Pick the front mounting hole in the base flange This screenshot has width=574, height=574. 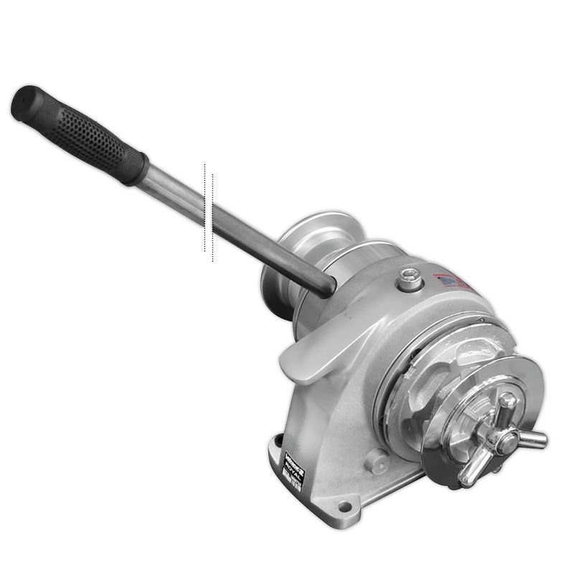[344, 507]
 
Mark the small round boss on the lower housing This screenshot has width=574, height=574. [378, 460]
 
